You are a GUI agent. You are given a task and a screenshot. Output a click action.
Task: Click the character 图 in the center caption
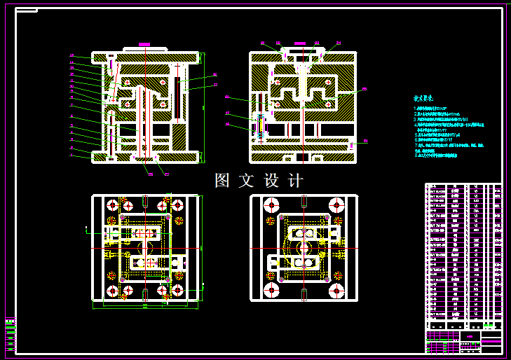222,181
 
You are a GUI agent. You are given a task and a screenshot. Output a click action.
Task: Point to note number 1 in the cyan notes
416,109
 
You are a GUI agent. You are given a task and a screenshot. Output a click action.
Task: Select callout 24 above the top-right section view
338,43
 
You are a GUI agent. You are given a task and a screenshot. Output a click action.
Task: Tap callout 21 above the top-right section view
263,43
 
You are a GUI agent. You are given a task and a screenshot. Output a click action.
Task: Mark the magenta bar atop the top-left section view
144,44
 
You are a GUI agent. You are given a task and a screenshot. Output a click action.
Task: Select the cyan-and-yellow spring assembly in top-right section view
261,126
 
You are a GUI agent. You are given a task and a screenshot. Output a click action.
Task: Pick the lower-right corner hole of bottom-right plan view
337,290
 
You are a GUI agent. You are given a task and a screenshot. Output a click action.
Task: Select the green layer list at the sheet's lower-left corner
10,335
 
